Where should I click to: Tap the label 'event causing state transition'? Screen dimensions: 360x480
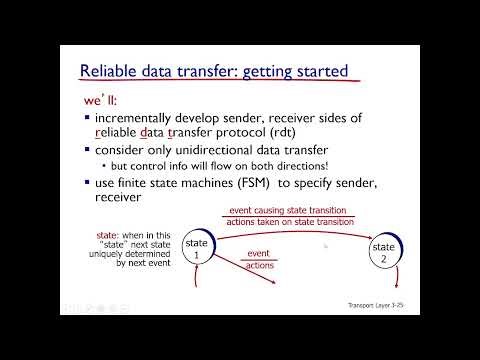[x=287, y=210]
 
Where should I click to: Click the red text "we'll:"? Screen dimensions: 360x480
[x=102, y=103]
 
